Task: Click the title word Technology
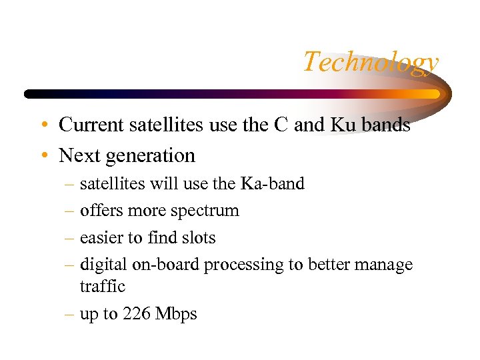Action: click(x=371, y=62)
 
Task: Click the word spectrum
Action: click(x=205, y=211)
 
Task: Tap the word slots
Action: click(x=198, y=237)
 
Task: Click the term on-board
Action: click(x=166, y=265)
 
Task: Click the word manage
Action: click(x=382, y=265)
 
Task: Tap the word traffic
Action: click(x=102, y=286)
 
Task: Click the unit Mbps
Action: click(x=176, y=315)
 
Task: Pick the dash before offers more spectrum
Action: click(x=69, y=211)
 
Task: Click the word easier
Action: click(x=100, y=237)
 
